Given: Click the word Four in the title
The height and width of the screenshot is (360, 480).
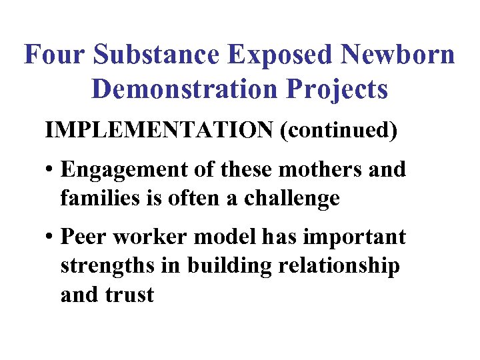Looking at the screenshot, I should (52, 55).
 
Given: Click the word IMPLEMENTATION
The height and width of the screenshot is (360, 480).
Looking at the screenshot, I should (159, 131).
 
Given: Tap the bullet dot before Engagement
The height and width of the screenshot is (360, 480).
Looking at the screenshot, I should (51, 171).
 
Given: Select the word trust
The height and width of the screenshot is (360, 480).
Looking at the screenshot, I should (131, 294).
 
